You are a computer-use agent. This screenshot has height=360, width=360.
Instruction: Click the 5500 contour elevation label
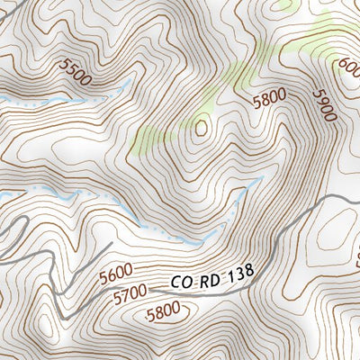click(x=76, y=72)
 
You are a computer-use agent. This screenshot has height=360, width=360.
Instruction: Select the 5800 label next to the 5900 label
click(x=269, y=100)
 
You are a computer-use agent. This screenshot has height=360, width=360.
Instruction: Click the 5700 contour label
click(x=130, y=292)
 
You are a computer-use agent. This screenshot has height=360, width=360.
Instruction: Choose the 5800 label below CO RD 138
click(x=162, y=311)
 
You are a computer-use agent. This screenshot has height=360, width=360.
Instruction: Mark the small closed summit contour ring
click(x=200, y=127)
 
